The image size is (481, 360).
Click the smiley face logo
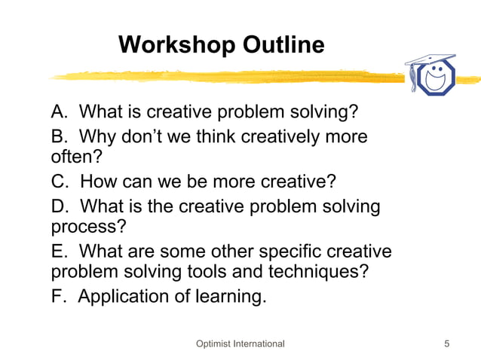tap(437, 77)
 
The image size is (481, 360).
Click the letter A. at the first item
tap(60, 113)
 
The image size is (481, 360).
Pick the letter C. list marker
tap(61, 182)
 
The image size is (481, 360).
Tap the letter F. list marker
tap(60, 297)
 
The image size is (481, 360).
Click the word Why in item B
tap(97, 137)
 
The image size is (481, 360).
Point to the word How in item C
tap(98, 182)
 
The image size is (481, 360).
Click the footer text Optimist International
tap(240, 344)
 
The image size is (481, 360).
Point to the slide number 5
tap(447, 344)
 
